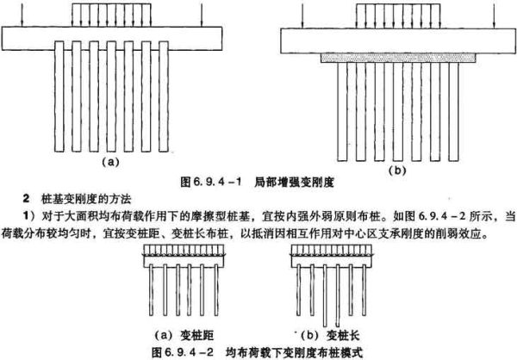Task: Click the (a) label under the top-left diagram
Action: coord(109,162)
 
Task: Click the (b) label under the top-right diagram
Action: coord(397,171)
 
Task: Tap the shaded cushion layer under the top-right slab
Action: coord(398,58)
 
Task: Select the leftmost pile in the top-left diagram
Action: coord(59,96)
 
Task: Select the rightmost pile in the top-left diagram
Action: coord(164,96)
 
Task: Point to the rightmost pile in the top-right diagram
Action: coord(453,112)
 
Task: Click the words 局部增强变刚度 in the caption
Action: coord(294,182)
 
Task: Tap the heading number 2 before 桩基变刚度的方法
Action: coord(27,199)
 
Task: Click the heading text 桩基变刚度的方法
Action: coord(86,199)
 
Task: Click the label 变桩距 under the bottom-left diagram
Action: coord(196,335)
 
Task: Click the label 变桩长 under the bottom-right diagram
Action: coord(343,335)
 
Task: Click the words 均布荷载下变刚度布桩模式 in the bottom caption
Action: coord(294,352)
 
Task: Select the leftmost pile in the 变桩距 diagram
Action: coord(151,289)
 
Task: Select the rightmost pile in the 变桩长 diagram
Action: coord(364,289)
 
